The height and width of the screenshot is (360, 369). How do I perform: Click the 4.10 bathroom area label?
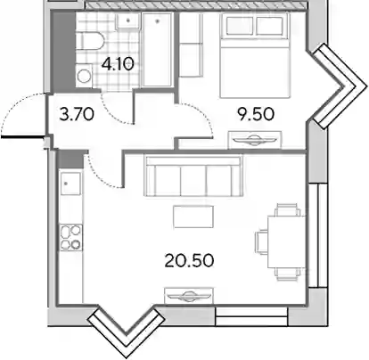[118, 64]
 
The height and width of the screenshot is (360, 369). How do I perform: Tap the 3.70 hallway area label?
[77, 114]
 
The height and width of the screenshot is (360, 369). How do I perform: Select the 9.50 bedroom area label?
[256, 114]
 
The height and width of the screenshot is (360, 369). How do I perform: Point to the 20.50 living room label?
[189, 260]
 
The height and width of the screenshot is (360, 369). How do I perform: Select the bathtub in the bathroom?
[157, 50]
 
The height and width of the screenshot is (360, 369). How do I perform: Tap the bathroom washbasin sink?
[128, 20]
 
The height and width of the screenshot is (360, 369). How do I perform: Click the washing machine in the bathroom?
[84, 76]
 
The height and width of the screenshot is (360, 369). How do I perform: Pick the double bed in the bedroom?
[255, 56]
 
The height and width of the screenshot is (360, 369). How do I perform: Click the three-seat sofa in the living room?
[193, 176]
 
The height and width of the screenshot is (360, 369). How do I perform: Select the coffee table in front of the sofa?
[193, 217]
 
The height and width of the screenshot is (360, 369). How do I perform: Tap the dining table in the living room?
[286, 242]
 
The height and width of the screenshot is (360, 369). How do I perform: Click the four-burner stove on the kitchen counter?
[71, 237]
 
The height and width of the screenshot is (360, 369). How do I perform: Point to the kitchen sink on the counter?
[70, 184]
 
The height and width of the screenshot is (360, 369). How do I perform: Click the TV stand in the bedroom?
[255, 140]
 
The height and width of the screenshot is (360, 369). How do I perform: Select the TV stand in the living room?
[189, 296]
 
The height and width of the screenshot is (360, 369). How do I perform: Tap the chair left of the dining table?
[261, 242]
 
